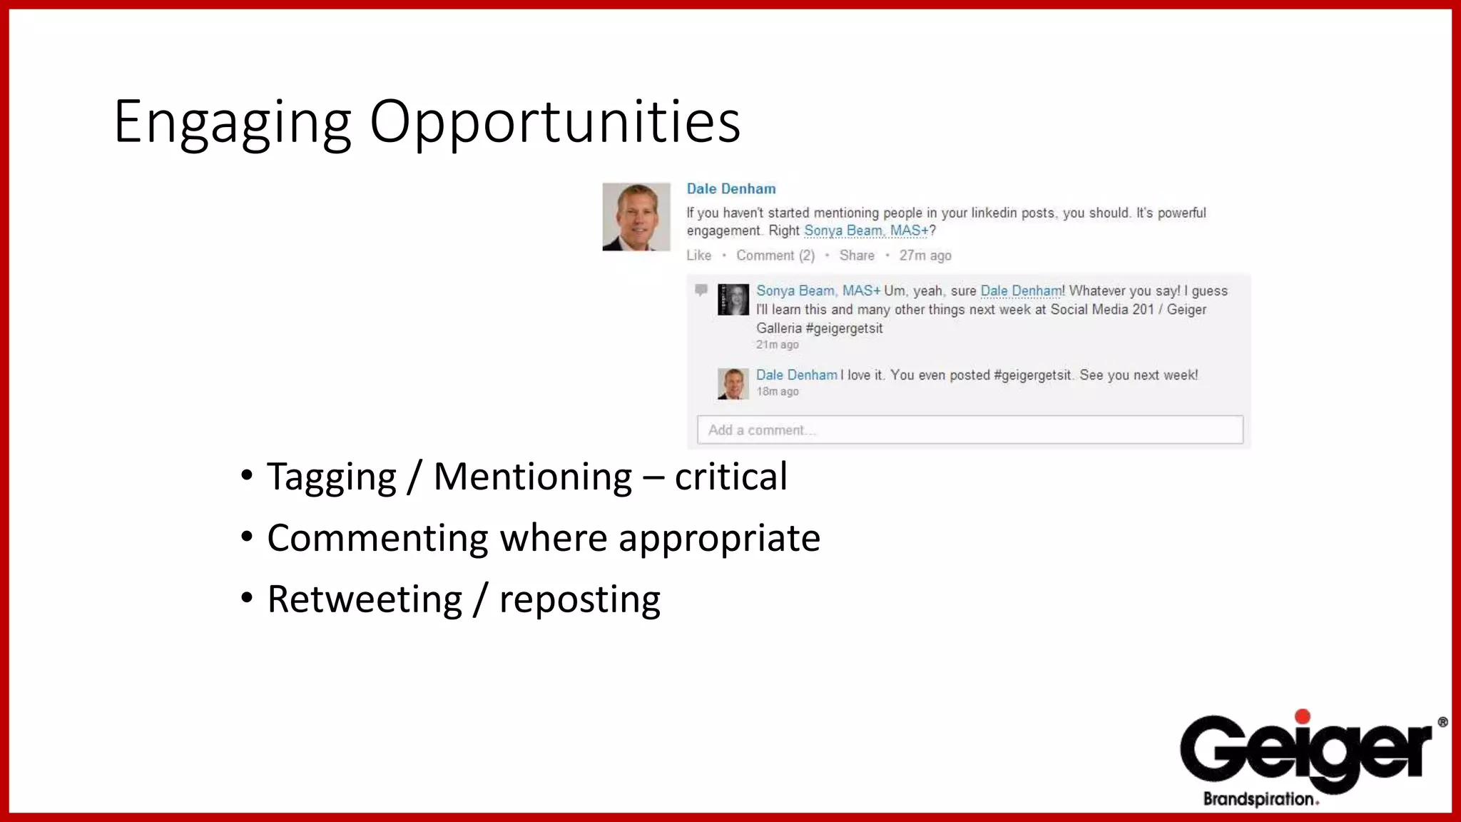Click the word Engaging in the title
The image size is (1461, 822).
point(233,123)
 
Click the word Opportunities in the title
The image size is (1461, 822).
point(555,123)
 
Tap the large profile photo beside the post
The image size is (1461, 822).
point(636,217)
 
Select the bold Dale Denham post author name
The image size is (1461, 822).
point(730,189)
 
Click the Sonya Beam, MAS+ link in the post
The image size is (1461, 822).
point(866,230)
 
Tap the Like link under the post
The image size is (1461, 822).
point(698,255)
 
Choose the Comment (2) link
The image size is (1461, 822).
point(775,255)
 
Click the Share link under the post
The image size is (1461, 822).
point(856,255)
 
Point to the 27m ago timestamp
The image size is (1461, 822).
point(925,255)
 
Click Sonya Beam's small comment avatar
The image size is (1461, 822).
point(733,300)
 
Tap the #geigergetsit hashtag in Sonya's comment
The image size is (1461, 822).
point(844,328)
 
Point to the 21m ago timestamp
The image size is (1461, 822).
point(777,345)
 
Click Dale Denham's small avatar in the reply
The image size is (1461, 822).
point(733,384)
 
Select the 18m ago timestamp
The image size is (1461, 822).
point(777,392)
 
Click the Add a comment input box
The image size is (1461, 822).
point(969,430)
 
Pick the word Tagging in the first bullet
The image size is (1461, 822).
point(331,477)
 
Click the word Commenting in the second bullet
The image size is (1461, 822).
point(377,538)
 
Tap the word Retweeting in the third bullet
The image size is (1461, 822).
point(365,599)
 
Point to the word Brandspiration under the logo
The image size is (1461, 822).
point(1259,798)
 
